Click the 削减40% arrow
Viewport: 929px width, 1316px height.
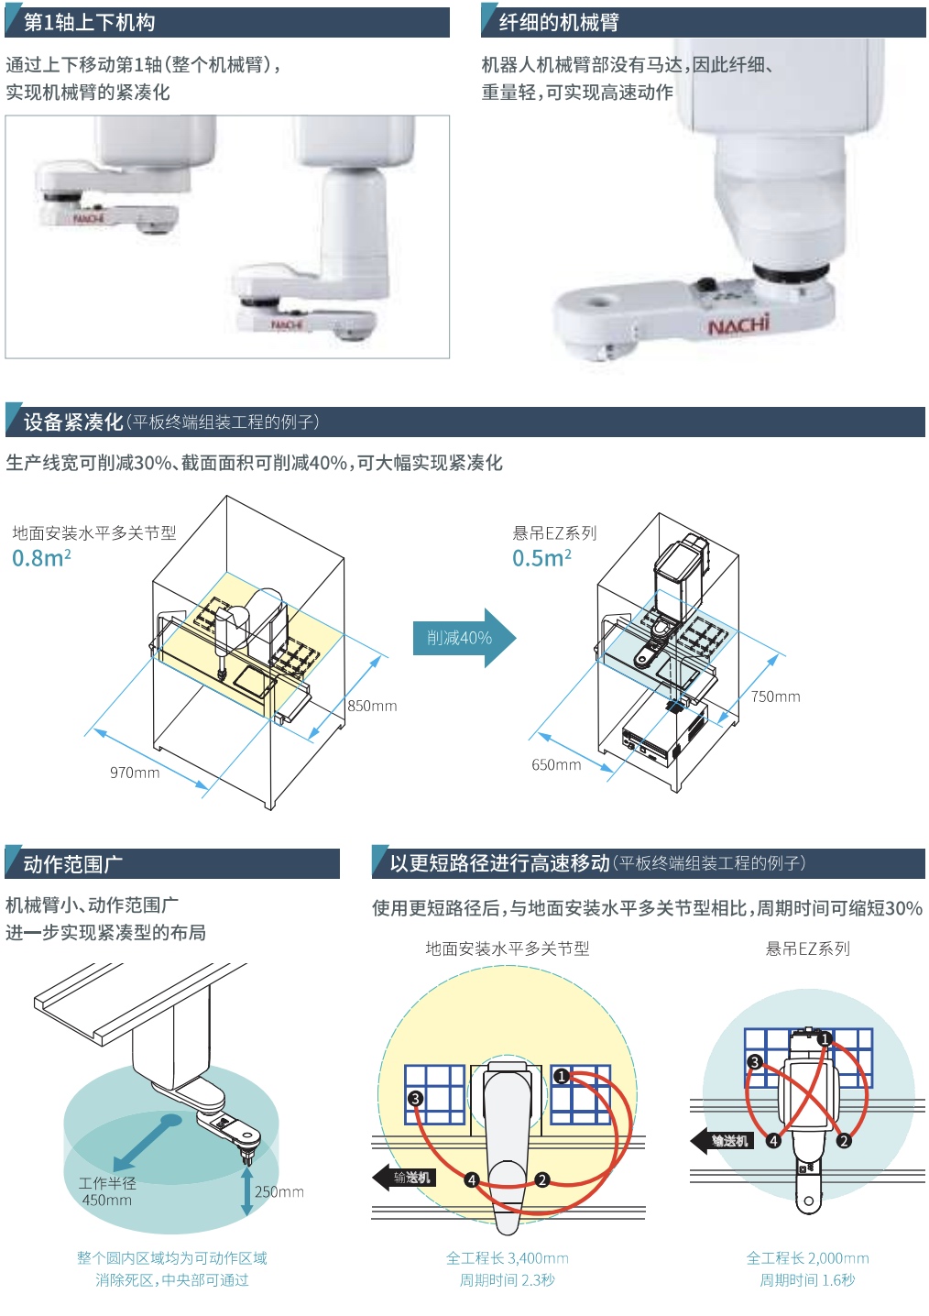[463, 638]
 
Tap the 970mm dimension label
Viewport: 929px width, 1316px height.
[135, 773]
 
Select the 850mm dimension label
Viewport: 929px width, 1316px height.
[372, 706]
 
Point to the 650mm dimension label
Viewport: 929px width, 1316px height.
[556, 764]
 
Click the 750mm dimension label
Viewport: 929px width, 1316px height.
[775, 696]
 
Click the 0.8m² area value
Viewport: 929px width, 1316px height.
[41, 558]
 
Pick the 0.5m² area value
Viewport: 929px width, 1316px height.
[541, 558]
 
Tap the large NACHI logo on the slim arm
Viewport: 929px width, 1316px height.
[738, 324]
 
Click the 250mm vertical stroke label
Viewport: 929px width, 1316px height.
[279, 1191]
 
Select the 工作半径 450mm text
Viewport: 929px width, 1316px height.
[107, 1191]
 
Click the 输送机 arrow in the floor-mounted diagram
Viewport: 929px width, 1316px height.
[404, 1178]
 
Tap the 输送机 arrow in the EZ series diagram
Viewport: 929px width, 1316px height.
[722, 1141]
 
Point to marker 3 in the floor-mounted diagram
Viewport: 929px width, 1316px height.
[415, 1098]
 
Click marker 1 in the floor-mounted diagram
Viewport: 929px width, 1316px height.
[562, 1076]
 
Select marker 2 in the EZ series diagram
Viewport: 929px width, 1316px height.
[844, 1141]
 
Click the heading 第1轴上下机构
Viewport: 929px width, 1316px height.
[89, 23]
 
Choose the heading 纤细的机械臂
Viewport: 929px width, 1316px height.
[559, 23]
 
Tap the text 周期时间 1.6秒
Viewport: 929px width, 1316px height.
[807, 1280]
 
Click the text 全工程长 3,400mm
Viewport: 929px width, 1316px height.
[508, 1258]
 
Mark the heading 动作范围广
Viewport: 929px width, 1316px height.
[73, 864]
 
